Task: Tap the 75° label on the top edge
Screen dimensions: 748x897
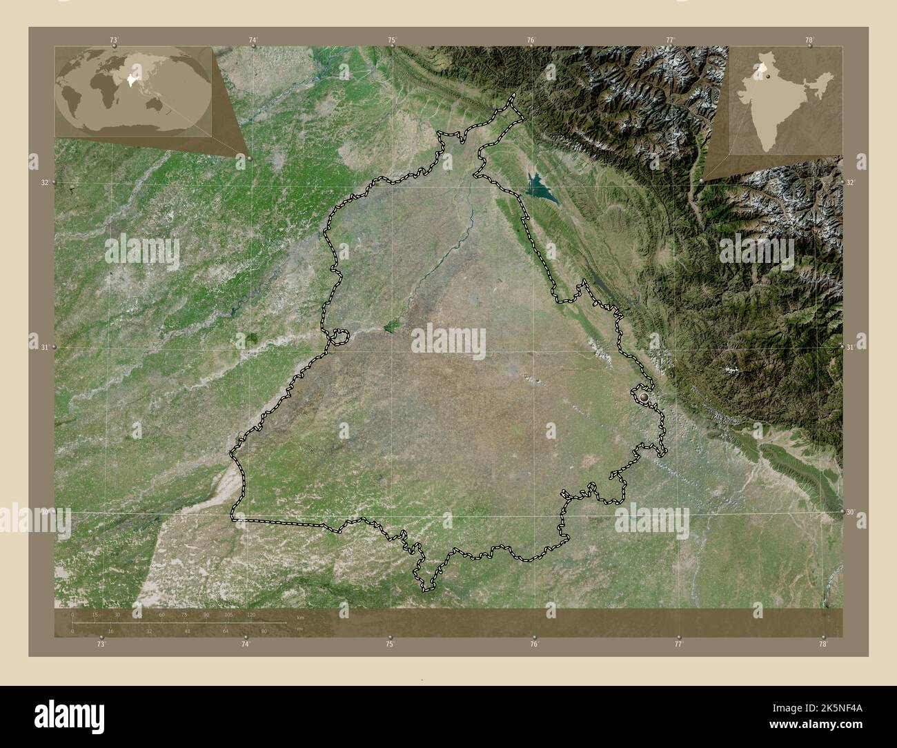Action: click(392, 40)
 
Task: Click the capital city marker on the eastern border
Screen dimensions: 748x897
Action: click(645, 397)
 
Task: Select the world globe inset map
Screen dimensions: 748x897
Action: click(134, 92)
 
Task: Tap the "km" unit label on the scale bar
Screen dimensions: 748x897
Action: click(299, 616)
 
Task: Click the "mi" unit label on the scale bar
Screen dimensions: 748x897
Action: click(299, 629)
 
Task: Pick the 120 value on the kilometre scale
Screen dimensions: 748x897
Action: click(251, 614)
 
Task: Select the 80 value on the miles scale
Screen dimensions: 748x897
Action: click(263, 631)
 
